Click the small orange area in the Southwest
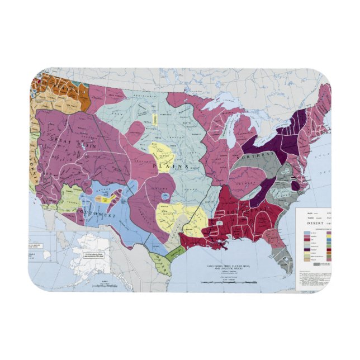point(99,198)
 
